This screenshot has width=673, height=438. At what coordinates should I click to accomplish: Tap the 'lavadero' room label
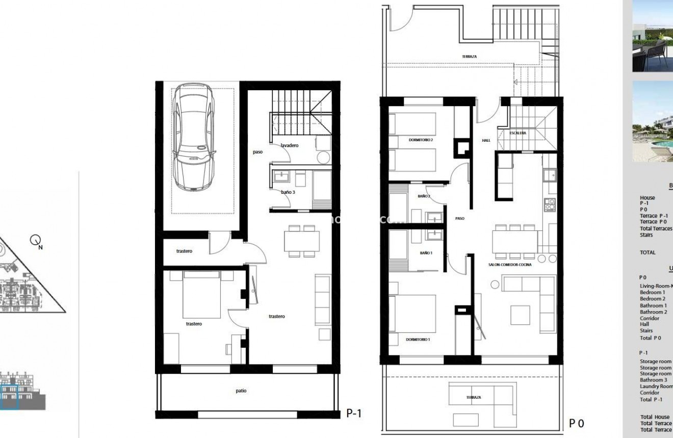point(289,145)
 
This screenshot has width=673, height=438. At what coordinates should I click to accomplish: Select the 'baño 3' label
point(288,192)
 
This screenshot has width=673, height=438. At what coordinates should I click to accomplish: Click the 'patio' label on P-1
point(241,391)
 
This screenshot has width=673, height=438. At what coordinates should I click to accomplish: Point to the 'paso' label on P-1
point(258,152)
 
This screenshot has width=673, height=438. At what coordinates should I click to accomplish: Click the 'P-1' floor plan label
point(354,413)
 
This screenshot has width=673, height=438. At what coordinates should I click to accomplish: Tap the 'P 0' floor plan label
point(576,423)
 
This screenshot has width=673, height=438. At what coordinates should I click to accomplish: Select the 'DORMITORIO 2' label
point(421,140)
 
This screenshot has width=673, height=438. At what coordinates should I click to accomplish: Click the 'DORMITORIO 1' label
point(418,339)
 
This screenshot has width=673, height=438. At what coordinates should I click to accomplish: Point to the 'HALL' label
point(486,140)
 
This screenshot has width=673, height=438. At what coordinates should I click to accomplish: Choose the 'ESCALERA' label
point(518,133)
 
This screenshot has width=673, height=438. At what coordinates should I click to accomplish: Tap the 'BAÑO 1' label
point(426,253)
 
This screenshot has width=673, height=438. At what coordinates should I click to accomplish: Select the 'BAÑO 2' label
point(424,196)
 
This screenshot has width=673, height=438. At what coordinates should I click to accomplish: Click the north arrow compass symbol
point(35,239)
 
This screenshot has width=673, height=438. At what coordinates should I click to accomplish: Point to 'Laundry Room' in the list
point(656,387)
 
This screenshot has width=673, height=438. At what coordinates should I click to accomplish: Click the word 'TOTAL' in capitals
point(648,252)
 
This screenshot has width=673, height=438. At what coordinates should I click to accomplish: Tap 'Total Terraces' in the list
point(656,228)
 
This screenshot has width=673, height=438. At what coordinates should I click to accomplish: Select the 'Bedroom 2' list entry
point(652,299)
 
